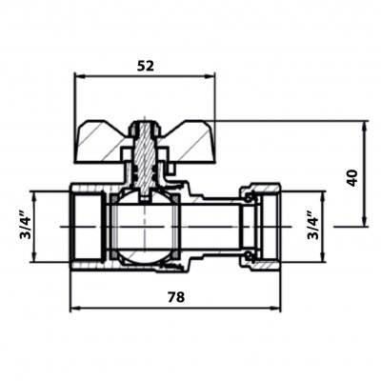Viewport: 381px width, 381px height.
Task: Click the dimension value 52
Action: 146,66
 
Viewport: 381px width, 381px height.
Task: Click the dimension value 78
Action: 176,297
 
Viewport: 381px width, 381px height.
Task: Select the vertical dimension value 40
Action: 352,178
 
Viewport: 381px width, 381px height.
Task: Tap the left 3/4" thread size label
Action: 26,227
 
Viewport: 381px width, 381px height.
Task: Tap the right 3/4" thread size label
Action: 313,227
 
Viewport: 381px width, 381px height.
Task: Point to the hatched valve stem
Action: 145,159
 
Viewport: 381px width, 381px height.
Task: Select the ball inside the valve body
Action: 145,227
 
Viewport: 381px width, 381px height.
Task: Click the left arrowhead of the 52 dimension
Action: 79,76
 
